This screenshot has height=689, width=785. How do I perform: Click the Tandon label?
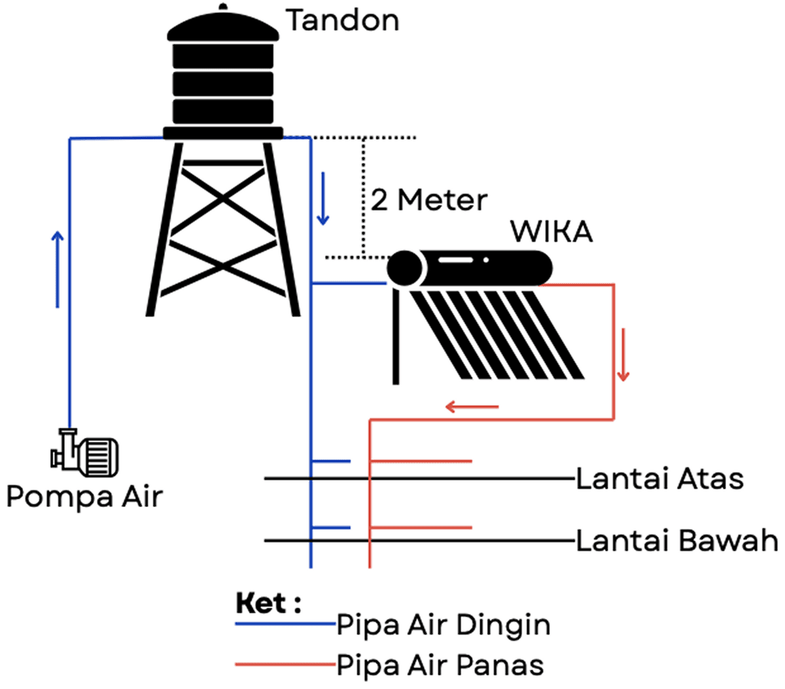coord(343,21)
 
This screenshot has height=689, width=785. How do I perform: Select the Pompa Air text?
coord(84,497)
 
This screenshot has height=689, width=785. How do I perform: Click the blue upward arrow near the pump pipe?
coord(58,268)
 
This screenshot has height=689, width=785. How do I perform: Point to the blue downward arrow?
coord(322,200)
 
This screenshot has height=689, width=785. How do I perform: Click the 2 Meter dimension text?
coord(429,200)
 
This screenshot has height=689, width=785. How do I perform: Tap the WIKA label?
coord(551,232)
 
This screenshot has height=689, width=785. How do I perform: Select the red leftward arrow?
coord(472,407)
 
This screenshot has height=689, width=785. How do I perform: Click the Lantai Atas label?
coord(659,479)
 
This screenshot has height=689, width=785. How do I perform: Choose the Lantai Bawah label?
coord(677,541)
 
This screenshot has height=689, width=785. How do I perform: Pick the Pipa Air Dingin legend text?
coord(444,625)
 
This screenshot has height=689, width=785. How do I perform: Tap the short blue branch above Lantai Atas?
coord(331,461)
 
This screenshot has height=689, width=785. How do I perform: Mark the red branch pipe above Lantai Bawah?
coord(421,527)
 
